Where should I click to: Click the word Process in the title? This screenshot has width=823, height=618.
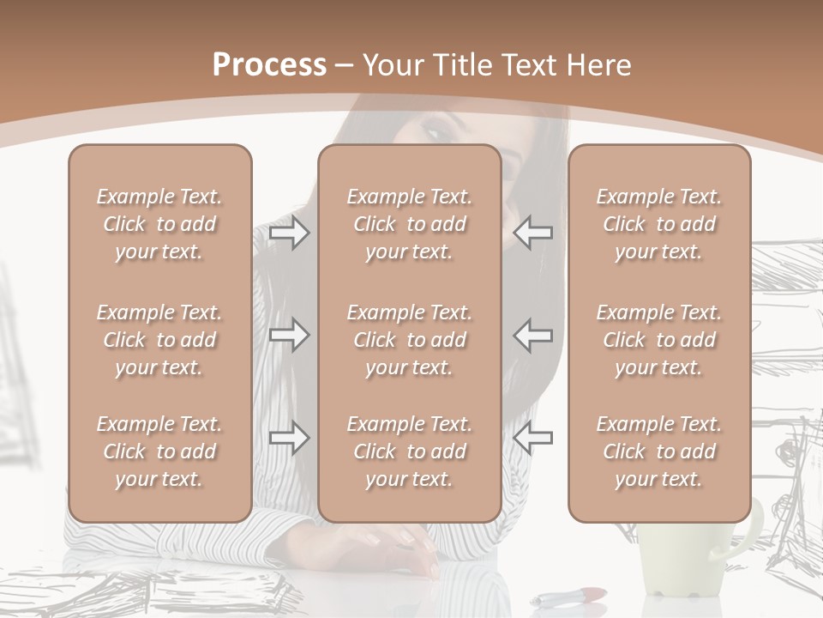[x=269, y=65]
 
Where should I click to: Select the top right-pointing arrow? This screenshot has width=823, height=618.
[x=289, y=233]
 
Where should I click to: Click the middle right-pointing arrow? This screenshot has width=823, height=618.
[x=289, y=335]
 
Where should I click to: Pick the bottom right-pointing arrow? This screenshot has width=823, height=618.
[x=289, y=438]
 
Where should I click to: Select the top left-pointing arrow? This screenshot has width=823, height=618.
[x=532, y=233]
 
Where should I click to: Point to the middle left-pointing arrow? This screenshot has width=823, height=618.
[x=532, y=335]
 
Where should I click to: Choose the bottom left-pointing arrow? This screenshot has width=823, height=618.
[x=532, y=438]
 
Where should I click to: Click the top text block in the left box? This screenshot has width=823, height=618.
[x=159, y=224]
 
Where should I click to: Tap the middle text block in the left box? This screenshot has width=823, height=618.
[x=159, y=340]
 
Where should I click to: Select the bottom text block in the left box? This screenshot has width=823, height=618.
[x=159, y=451]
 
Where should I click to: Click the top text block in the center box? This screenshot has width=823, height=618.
[x=410, y=224]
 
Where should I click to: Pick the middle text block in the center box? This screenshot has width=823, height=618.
[x=410, y=340]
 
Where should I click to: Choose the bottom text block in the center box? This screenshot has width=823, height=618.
[x=410, y=451]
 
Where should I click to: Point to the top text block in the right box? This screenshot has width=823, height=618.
[x=659, y=224]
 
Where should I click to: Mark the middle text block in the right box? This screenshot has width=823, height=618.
[x=659, y=340]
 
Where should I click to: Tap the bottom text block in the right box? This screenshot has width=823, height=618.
[x=659, y=451]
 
